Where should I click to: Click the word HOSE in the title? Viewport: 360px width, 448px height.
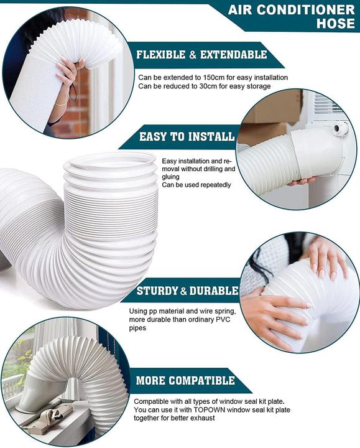pyautogui.click(x=336, y=24)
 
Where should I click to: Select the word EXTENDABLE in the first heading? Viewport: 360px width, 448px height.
pyautogui.click(x=234, y=55)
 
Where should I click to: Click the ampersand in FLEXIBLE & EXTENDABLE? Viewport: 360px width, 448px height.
pyautogui.click(x=193, y=55)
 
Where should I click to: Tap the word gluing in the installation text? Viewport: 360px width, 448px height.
pyautogui.click(x=170, y=177)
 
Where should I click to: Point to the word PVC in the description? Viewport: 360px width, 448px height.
pyautogui.click(x=223, y=319)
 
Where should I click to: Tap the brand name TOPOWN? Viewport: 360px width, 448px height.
pyautogui.click(x=210, y=409)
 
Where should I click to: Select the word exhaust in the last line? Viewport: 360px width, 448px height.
pyautogui.click(x=203, y=418)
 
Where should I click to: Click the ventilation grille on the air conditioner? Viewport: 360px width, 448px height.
pyautogui.click(x=328, y=105)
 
